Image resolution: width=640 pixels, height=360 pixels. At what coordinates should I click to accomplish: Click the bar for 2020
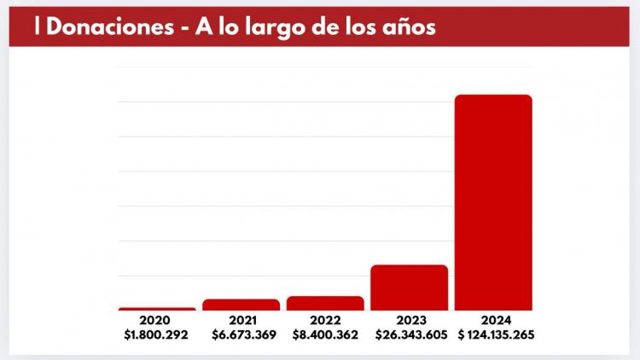(157, 309)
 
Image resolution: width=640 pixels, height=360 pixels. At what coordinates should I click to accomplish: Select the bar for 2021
(241, 305)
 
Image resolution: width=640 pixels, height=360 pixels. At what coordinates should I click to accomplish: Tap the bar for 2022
(325, 303)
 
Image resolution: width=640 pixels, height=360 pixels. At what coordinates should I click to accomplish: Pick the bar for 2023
(409, 287)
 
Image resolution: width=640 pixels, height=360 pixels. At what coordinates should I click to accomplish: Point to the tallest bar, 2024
(493, 202)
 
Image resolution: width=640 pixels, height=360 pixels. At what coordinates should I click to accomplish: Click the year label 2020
(157, 321)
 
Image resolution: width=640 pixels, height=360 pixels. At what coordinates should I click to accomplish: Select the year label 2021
(241, 321)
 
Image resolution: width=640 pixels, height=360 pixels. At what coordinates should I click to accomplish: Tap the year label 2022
(325, 321)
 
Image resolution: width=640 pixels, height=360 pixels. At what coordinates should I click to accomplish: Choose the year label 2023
(409, 321)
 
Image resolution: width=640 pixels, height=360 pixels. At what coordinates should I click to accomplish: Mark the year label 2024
(493, 321)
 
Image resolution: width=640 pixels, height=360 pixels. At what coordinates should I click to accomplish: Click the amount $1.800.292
(157, 334)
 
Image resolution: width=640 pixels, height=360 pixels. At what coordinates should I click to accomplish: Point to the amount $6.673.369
(241, 334)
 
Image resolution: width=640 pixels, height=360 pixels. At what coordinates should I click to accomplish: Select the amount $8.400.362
(325, 334)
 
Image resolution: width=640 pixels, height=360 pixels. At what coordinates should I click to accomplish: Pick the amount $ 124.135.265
(497, 334)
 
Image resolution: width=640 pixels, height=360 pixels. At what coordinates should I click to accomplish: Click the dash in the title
(185, 28)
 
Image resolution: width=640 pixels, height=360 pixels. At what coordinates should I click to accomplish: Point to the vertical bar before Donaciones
(37, 26)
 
